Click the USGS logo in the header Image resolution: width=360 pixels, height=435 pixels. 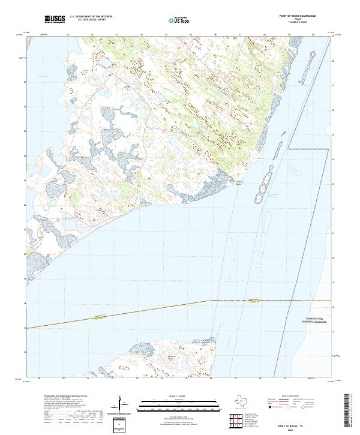click(x=55, y=19)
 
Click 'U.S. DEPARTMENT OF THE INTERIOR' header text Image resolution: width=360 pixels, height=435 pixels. click(x=91, y=16)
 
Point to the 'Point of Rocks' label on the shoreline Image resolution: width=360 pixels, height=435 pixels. click(x=239, y=182)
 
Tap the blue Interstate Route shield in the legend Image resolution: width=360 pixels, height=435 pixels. click(x=271, y=406)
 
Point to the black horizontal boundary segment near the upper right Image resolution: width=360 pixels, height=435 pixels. click(x=308, y=149)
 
